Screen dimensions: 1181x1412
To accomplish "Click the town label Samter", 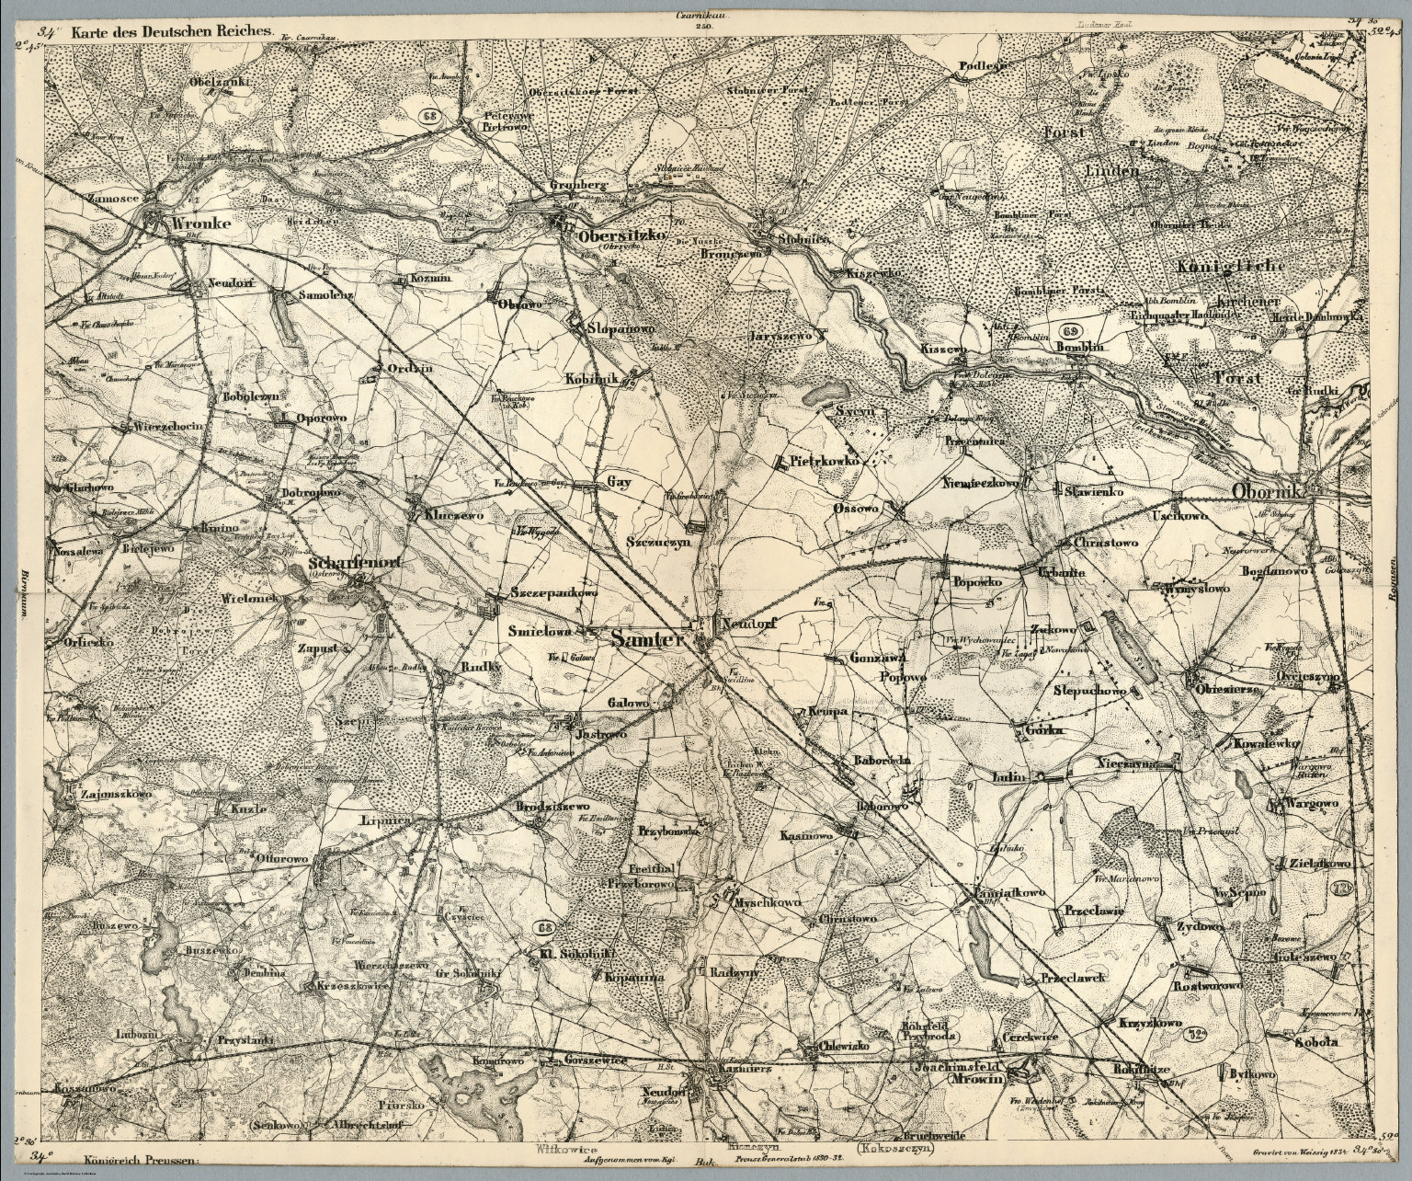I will click(x=645, y=636).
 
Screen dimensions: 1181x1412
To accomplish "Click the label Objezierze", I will click(x=1232, y=687).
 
